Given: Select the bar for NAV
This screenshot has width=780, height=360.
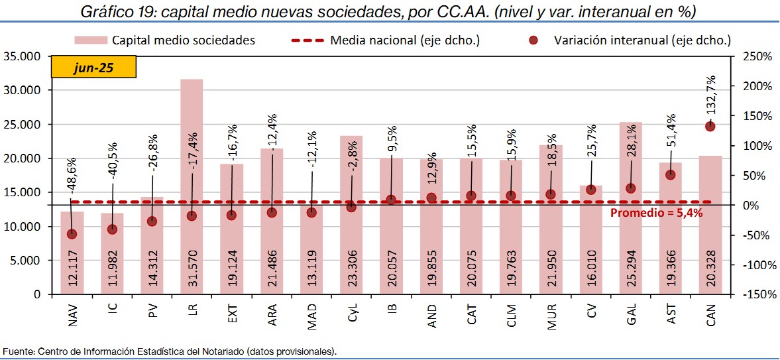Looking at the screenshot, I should pos(72,252).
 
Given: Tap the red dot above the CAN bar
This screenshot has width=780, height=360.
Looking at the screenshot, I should pos(710,126).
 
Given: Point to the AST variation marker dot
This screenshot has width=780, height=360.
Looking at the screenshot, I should pos(670,174).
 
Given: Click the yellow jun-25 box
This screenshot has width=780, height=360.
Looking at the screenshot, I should pos(93,68).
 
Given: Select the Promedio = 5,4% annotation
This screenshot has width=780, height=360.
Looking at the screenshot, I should pos(656,213).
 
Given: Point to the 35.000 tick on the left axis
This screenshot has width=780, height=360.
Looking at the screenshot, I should pos(22,56).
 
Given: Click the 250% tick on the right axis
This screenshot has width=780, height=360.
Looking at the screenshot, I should pos(756,56).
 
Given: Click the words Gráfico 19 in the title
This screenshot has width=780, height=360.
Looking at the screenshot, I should pos(117,11).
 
